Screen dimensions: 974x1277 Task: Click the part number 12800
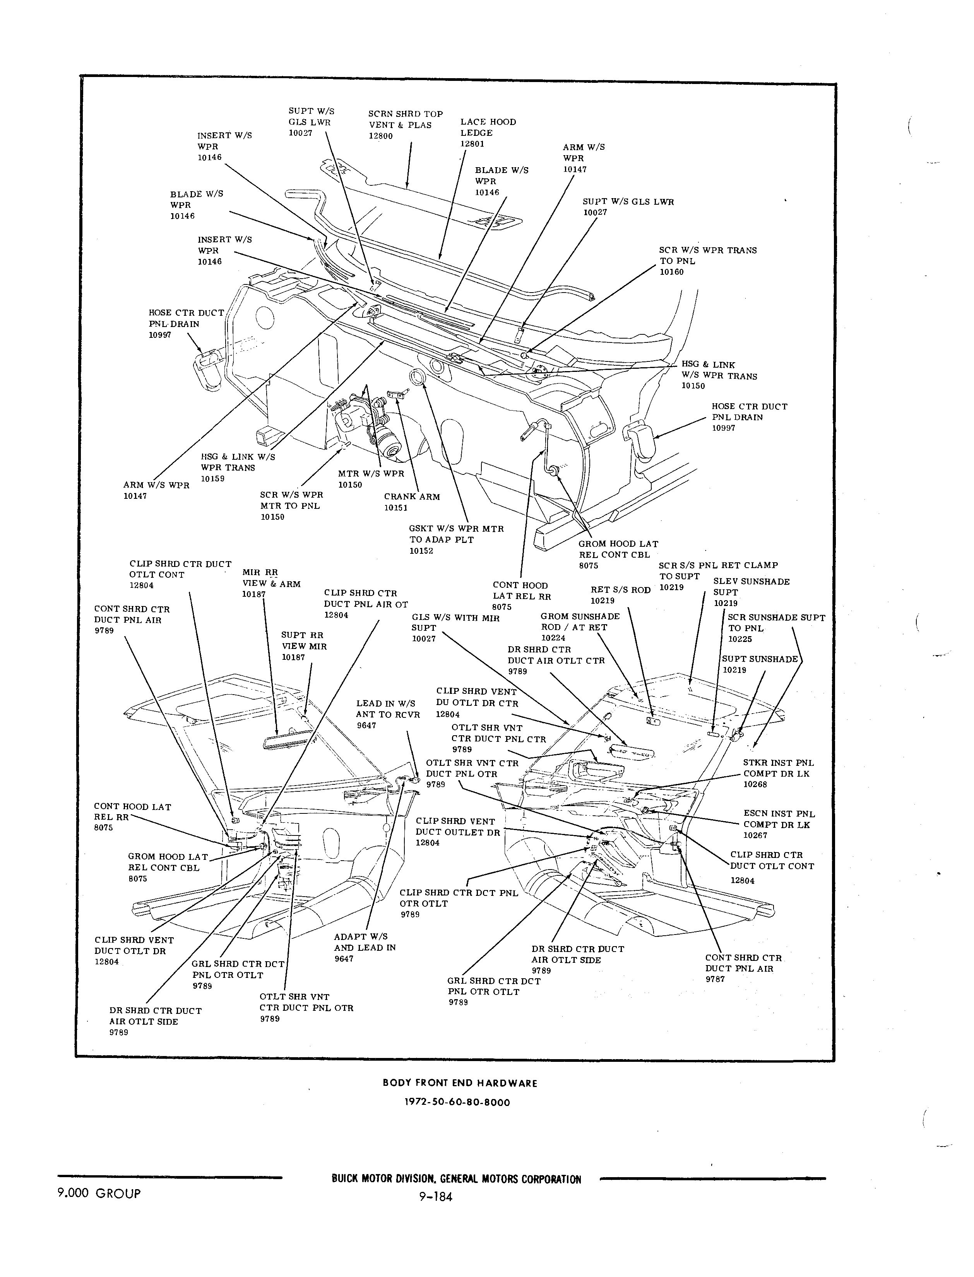pos(381,136)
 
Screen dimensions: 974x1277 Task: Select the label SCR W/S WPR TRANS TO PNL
pos(707,256)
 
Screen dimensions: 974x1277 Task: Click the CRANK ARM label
pos(412,497)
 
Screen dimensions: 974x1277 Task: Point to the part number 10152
pos(421,551)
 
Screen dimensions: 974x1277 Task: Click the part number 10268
pos(755,784)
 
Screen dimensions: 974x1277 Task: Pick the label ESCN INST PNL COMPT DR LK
pos(779,819)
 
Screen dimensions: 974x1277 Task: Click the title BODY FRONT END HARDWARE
pos(460,1083)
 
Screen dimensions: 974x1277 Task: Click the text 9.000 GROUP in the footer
pos(99,1193)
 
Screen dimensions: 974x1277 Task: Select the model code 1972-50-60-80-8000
pos(457,1102)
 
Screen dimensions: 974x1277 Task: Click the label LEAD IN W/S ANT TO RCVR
pos(388,709)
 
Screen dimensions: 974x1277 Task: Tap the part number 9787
pos(716,979)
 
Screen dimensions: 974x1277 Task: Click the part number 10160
pos(671,272)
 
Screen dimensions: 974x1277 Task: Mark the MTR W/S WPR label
pos(371,474)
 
